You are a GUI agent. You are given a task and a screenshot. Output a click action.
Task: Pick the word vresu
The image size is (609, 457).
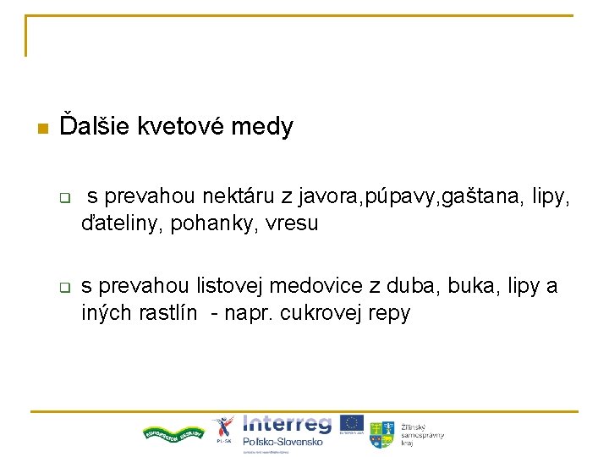pos(292,224)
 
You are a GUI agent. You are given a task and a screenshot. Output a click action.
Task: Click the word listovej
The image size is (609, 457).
pos(228,286)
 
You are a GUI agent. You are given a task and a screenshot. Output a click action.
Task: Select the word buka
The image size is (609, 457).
pos(454,286)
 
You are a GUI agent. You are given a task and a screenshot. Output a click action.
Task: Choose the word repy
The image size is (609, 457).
pos(388,313)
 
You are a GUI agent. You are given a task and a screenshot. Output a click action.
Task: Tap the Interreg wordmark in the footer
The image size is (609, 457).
pos(288,424)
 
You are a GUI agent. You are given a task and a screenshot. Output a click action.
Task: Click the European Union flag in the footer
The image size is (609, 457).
pos(353,424)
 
